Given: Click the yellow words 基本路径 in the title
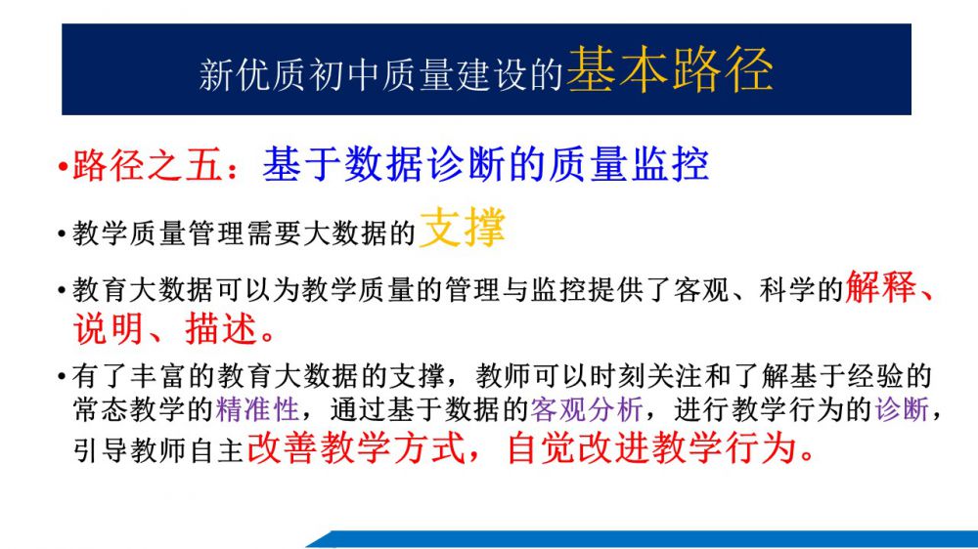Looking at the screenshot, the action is [x=670, y=69].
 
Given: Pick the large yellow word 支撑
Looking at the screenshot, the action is [x=463, y=227].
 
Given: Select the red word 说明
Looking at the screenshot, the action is [x=109, y=328].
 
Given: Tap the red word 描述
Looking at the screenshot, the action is [x=221, y=328].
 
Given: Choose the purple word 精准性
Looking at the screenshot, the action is [x=257, y=409].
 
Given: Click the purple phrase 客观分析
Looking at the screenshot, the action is [x=587, y=409].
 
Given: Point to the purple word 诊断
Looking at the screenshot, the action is [x=902, y=409].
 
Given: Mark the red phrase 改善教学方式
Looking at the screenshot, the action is [x=356, y=448].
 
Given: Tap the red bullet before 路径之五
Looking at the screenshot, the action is [x=63, y=167].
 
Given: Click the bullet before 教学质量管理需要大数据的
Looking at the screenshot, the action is [x=62, y=234].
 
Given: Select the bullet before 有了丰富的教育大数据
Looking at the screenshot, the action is [x=62, y=376].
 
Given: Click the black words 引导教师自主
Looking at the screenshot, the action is [x=158, y=450].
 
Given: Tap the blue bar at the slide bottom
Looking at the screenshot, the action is [x=643, y=539].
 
